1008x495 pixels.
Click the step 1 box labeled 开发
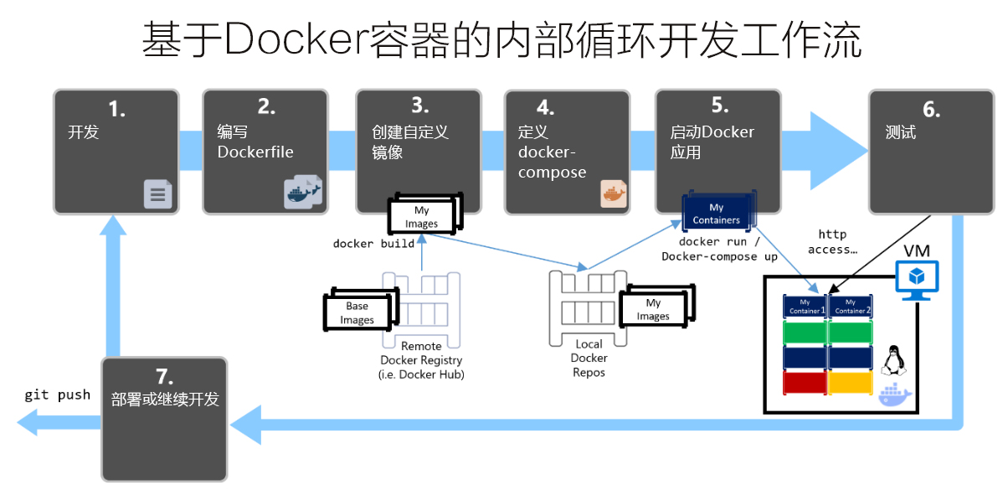(x=116, y=151)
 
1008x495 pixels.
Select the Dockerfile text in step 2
(x=255, y=152)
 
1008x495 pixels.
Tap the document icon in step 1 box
(x=157, y=194)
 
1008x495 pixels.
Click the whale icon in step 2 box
(x=303, y=192)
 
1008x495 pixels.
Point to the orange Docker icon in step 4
(x=613, y=193)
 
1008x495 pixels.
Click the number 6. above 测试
(x=931, y=110)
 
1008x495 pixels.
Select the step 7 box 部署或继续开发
(x=164, y=419)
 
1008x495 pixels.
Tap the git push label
(x=57, y=394)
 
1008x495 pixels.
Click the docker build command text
(x=373, y=244)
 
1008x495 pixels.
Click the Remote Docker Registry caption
(x=421, y=360)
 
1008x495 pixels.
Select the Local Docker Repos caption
(x=589, y=358)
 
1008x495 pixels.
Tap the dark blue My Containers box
(x=717, y=214)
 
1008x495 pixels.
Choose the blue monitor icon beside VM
(x=918, y=279)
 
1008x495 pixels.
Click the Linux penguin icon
(x=895, y=360)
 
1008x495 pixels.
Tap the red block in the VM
(x=805, y=383)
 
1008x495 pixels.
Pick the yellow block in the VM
(x=851, y=383)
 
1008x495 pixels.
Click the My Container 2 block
(x=851, y=306)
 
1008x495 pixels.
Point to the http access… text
(x=832, y=241)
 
